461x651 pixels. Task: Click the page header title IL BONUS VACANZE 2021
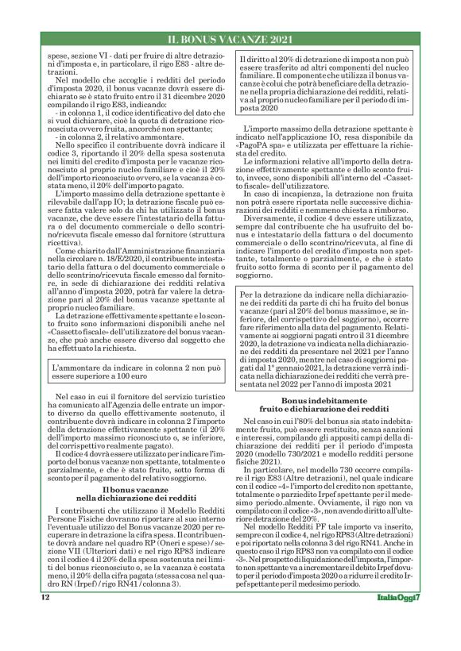tap(230, 38)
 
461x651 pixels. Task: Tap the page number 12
tap(45, 616)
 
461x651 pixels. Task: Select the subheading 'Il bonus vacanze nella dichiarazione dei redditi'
tap(133, 468)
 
